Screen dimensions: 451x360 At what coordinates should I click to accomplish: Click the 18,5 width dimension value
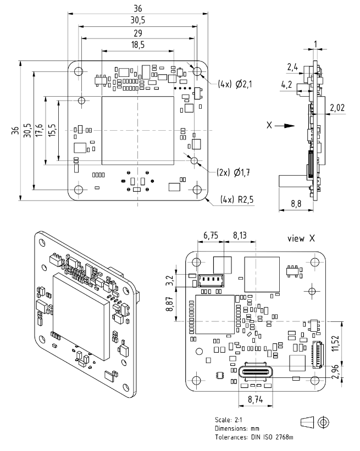138,44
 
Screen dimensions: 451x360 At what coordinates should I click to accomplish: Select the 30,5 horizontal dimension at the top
138,20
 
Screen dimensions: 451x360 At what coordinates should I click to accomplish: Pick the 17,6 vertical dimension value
38,130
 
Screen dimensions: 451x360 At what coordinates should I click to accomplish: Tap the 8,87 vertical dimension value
170,300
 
